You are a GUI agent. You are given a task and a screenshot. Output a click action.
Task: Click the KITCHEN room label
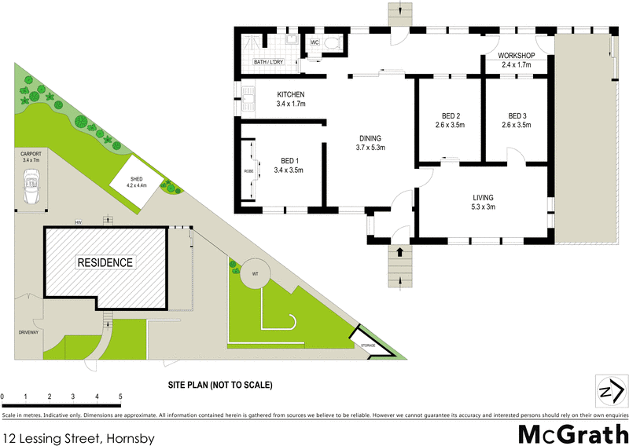(x=290, y=95)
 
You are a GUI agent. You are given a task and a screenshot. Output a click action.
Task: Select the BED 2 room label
(x=450, y=116)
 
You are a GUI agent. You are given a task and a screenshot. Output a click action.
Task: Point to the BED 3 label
(x=516, y=116)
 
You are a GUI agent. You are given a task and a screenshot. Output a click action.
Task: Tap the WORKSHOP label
(x=517, y=56)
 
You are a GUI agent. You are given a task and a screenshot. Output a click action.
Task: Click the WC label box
(x=314, y=42)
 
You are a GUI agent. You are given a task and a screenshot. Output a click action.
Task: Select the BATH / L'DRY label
(x=268, y=62)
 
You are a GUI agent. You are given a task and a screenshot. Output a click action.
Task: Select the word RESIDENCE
(x=105, y=261)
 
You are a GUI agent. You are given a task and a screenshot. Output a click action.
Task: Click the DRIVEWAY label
(x=28, y=333)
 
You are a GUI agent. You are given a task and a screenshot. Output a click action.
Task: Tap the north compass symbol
(x=610, y=389)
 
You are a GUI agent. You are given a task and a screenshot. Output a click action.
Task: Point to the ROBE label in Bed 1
(x=248, y=170)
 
